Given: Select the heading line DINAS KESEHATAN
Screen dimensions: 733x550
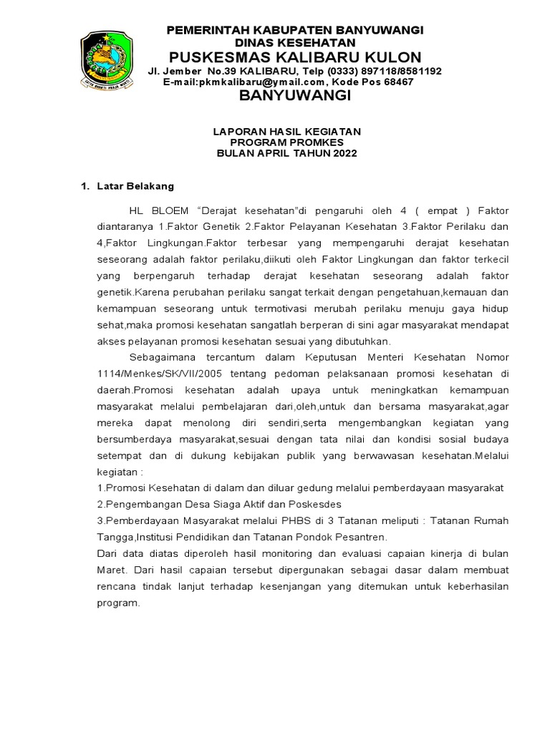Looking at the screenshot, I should click(x=294, y=42).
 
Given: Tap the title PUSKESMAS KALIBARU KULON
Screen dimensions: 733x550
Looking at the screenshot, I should click(x=294, y=57).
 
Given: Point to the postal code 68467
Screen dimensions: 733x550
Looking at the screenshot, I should click(x=399, y=82).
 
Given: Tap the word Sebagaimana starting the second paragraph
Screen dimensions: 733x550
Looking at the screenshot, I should click(x=162, y=356).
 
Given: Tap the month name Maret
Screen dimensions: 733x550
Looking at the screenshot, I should click(x=112, y=570).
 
